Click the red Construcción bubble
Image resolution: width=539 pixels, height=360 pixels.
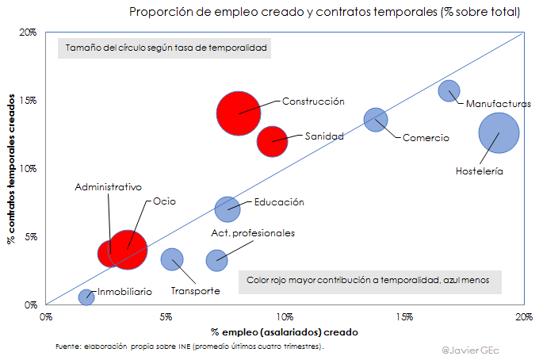(239, 113)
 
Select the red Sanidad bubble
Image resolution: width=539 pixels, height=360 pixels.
(273, 141)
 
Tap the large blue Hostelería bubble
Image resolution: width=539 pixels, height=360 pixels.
(499, 133)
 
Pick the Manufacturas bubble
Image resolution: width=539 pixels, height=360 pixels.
(449, 91)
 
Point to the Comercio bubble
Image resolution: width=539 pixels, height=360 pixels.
(376, 120)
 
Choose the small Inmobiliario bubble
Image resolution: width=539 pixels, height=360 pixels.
(86, 297)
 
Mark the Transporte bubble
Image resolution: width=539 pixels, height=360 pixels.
(172, 259)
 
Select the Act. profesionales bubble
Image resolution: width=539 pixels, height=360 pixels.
(216, 259)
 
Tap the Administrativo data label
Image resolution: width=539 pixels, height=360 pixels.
(109, 187)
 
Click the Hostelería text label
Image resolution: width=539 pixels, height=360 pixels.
(480, 170)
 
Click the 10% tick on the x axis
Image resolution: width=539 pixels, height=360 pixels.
(285, 316)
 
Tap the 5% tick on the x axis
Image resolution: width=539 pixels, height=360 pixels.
(166, 316)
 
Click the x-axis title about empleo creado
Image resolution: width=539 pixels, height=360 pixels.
(285, 331)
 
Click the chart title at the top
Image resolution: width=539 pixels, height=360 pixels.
(325, 12)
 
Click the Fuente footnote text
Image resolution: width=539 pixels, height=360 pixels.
(190, 347)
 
